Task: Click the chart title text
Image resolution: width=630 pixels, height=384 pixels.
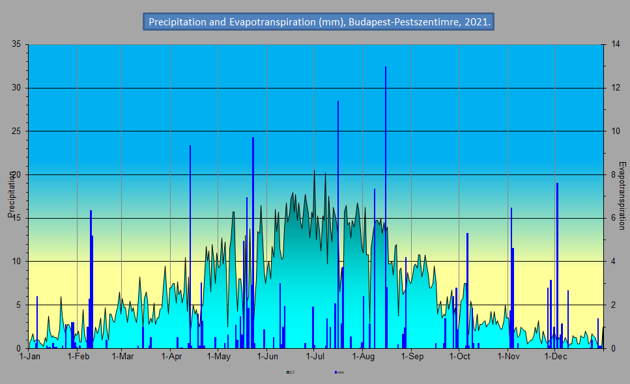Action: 319,22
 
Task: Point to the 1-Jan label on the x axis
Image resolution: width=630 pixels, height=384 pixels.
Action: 30,357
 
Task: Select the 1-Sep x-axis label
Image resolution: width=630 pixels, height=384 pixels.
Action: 412,357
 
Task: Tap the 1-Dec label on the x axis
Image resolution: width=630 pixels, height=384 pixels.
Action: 555,357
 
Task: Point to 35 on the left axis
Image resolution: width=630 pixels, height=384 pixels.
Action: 16,44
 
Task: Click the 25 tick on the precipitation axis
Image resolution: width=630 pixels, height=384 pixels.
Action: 16,131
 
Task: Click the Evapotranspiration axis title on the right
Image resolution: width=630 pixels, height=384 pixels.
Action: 622,195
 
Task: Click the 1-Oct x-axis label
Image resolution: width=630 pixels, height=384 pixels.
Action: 459,357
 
